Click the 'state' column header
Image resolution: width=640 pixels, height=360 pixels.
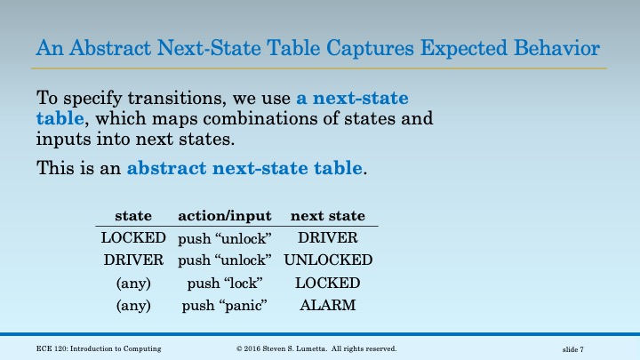point(133,216)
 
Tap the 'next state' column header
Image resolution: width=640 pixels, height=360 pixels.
point(328,216)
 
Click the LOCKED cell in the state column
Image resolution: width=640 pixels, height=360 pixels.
point(133,238)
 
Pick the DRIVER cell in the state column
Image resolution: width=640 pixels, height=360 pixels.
point(133,260)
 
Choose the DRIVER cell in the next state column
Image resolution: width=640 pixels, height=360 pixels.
point(328,238)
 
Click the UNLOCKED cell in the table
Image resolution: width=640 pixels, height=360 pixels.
point(328,260)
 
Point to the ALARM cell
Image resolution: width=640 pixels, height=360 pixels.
point(328,306)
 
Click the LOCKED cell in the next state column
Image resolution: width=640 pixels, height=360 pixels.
point(328,284)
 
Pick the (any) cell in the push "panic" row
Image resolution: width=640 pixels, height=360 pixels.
point(133,306)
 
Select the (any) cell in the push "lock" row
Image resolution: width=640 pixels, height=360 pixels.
point(133,284)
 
